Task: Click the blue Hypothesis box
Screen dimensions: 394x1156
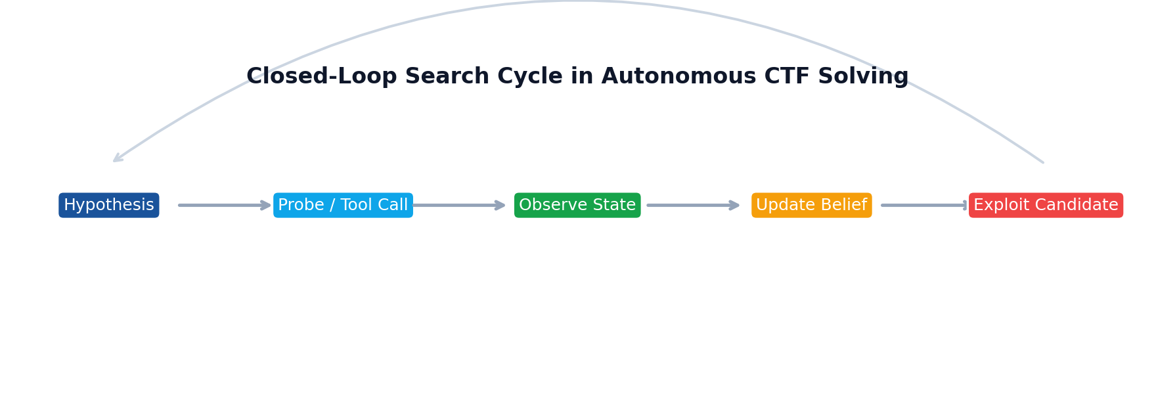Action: pos(109,206)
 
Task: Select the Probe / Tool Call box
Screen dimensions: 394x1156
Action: pos(343,206)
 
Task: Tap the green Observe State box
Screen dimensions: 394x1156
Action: pos(577,206)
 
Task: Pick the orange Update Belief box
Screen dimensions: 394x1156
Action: pos(812,206)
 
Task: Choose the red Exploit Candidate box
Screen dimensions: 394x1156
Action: pos(1046,206)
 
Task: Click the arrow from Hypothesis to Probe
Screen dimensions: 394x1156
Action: pos(223,206)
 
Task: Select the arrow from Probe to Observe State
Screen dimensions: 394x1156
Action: pos(458,206)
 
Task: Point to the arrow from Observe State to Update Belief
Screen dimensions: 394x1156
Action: pos(693,206)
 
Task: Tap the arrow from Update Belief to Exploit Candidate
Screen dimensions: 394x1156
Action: pos(923,206)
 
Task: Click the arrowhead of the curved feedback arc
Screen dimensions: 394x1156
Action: pos(116,160)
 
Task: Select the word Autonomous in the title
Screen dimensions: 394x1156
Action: pos(678,77)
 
